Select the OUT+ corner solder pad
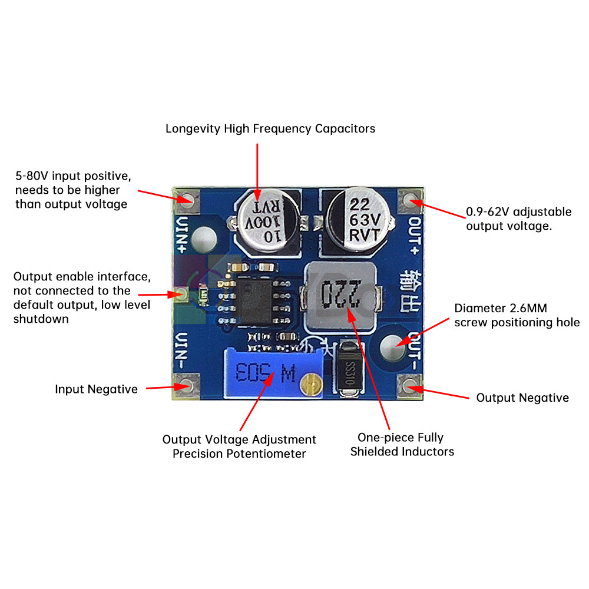click(410, 201)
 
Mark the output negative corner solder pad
click(409, 385)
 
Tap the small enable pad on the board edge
click(181, 294)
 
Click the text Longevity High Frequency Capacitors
click(270, 128)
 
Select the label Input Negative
click(96, 389)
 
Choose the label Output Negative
click(522, 398)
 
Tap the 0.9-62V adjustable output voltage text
click(518, 219)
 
